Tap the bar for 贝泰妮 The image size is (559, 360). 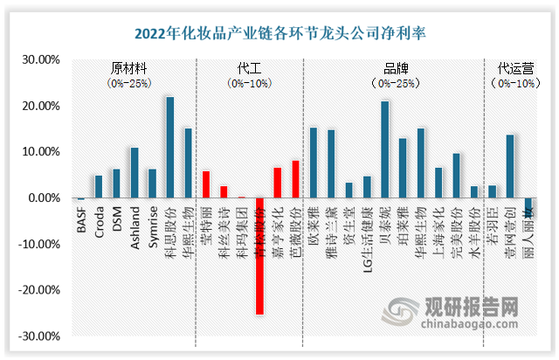click(x=384, y=149)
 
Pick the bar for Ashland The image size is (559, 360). click(x=134, y=173)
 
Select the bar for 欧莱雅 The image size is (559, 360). click(x=313, y=163)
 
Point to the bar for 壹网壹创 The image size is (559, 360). click(x=510, y=166)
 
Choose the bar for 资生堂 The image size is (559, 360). click(x=349, y=190)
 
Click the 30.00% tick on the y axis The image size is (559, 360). click(x=40, y=60)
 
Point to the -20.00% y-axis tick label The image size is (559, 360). click(x=38, y=289)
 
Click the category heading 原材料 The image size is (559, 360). click(x=128, y=67)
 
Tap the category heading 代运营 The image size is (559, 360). click(x=513, y=67)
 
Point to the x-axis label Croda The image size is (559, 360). click(x=99, y=218)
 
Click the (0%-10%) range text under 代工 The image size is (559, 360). click(x=249, y=84)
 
